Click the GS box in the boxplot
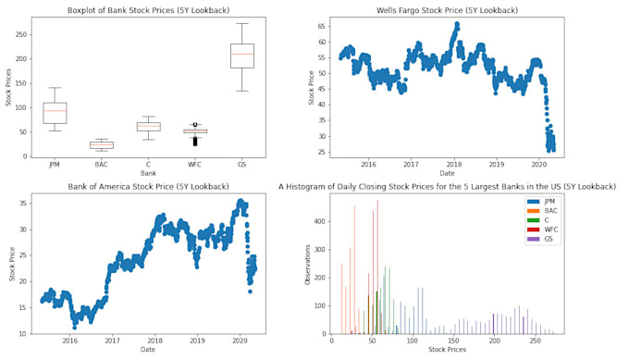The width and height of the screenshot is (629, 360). pyautogui.click(x=242, y=56)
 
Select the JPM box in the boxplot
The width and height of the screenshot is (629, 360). pyautogui.click(x=55, y=113)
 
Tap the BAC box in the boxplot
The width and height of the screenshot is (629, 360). pyautogui.click(x=102, y=144)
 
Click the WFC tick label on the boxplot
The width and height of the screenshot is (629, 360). pyautogui.click(x=195, y=165)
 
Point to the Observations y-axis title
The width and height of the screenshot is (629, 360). pyautogui.click(x=308, y=264)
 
